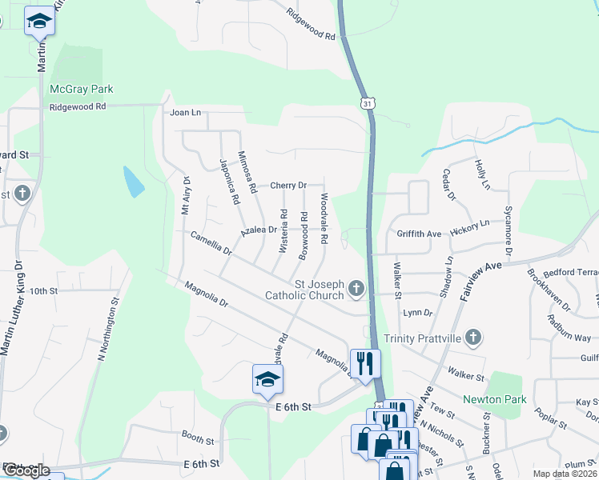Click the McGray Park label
(82, 89)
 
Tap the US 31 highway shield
(367, 104)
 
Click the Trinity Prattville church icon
(473, 337)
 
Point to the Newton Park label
(493, 399)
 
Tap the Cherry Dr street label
(288, 186)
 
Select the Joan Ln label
(184, 113)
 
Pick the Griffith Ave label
(419, 234)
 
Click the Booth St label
(198, 438)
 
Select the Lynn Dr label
(418, 313)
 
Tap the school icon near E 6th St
(268, 380)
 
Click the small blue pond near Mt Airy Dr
(134, 182)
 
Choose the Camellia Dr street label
(211, 244)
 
